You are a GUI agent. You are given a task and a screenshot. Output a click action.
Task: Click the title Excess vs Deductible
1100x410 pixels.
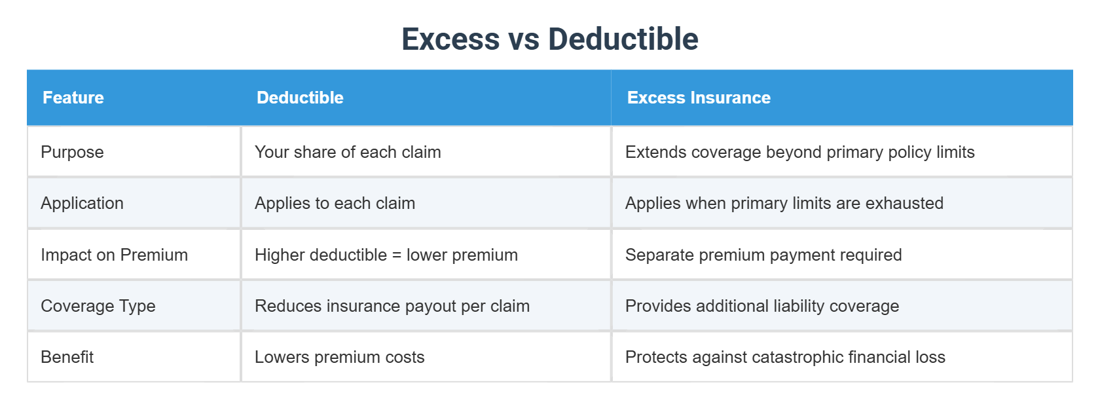pyautogui.click(x=550, y=39)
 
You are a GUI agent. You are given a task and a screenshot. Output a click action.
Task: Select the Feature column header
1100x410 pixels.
pyautogui.click(x=73, y=98)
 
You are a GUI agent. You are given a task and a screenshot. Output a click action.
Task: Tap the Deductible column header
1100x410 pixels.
pyautogui.click(x=300, y=98)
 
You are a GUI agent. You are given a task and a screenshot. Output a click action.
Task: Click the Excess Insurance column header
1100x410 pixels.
pyautogui.click(x=699, y=98)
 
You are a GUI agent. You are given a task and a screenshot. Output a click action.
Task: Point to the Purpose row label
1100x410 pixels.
pyautogui.click(x=72, y=152)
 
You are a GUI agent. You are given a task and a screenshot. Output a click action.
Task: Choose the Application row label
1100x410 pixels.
pyautogui.click(x=82, y=203)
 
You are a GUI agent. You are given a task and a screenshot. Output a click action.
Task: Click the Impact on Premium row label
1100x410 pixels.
pyautogui.click(x=114, y=255)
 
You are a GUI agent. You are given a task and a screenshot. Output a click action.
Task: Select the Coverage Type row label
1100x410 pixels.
pyautogui.click(x=98, y=306)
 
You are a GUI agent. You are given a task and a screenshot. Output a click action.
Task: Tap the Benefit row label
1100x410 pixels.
pyautogui.click(x=67, y=357)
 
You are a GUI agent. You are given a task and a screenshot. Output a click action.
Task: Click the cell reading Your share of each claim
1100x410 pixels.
pyautogui.click(x=348, y=152)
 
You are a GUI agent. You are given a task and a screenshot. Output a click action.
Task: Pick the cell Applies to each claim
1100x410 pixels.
pyautogui.click(x=335, y=203)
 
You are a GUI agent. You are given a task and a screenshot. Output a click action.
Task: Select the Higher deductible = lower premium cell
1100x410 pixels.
pyautogui.click(x=386, y=255)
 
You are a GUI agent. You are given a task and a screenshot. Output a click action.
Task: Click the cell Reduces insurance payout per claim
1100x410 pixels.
pyautogui.click(x=392, y=306)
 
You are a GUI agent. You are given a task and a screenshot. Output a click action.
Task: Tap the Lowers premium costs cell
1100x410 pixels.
pyautogui.click(x=339, y=357)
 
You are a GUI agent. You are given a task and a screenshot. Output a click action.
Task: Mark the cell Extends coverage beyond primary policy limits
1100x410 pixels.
pyautogui.click(x=799, y=152)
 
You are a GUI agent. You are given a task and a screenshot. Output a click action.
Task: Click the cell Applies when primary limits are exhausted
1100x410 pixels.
pyautogui.click(x=784, y=203)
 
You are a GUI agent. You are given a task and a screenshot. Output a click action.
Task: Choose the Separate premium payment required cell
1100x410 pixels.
pyautogui.click(x=763, y=255)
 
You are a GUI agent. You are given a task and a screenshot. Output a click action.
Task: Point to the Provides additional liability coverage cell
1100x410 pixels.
pyautogui.click(x=762, y=306)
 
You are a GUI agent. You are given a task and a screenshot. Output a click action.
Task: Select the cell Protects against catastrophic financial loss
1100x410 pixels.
pyautogui.click(x=785, y=357)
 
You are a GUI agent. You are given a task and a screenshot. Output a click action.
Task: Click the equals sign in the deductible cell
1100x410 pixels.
pyautogui.click(x=397, y=255)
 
